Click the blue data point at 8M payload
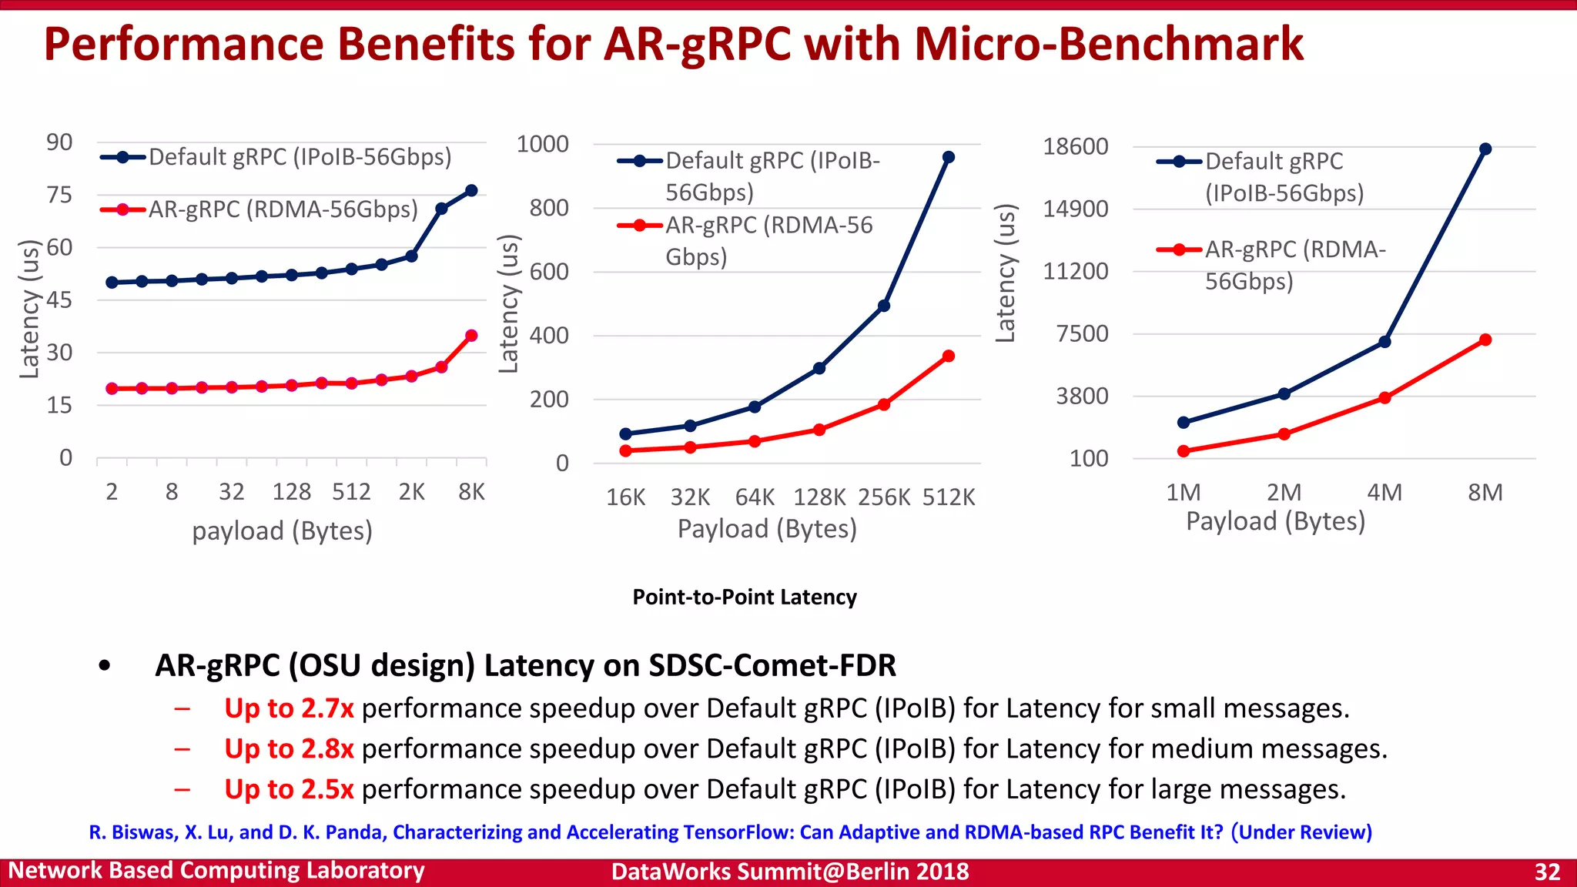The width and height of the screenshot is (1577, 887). click(1485, 149)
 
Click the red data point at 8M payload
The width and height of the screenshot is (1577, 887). click(1485, 340)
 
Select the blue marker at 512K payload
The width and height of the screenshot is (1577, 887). click(948, 157)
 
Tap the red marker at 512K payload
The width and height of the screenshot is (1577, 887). click(948, 356)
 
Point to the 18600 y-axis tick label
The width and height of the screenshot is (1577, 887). click(1075, 146)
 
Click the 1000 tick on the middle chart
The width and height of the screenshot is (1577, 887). click(542, 144)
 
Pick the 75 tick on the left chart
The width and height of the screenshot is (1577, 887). click(59, 195)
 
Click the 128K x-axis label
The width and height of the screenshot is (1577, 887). click(819, 497)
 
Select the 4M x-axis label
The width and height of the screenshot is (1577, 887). click(1384, 493)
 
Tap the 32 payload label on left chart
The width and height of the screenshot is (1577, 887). click(231, 492)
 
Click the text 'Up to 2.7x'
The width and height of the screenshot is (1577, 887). click(289, 708)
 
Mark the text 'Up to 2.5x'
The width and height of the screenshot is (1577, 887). click(289, 789)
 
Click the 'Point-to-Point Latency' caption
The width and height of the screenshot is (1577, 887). click(744, 597)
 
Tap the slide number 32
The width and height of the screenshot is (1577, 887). click(1547, 872)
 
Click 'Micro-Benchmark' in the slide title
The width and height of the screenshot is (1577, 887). click(1108, 44)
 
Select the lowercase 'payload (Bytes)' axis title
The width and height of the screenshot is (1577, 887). click(282, 531)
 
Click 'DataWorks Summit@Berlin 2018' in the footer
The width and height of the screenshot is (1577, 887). click(789, 872)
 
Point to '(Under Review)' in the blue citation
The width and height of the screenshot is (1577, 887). click(1301, 832)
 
